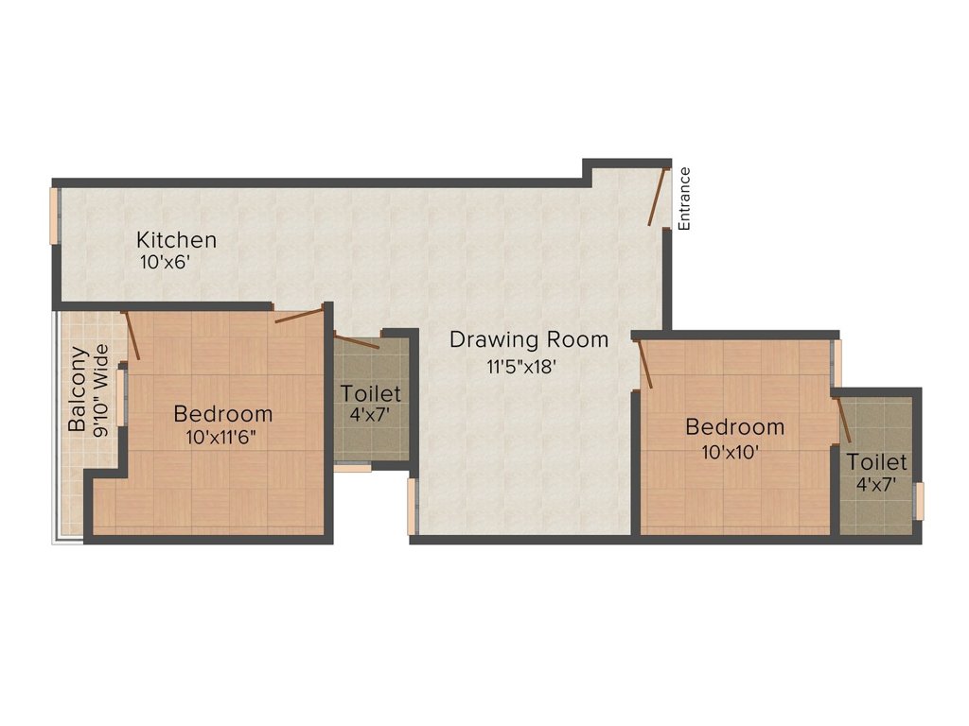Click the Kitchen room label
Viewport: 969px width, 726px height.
pos(176,240)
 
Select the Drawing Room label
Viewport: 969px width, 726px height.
pos(528,339)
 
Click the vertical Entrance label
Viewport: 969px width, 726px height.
pos(685,199)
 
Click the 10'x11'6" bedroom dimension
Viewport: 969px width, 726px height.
pos(222,438)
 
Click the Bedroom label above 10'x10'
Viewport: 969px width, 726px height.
pos(734,427)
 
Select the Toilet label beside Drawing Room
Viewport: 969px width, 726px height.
pos(371,393)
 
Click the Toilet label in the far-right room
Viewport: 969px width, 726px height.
pos(876,463)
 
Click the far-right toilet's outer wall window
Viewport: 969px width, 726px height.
pos(919,500)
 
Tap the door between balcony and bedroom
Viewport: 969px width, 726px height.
pos(132,335)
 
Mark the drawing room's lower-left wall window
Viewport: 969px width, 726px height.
pos(412,506)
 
